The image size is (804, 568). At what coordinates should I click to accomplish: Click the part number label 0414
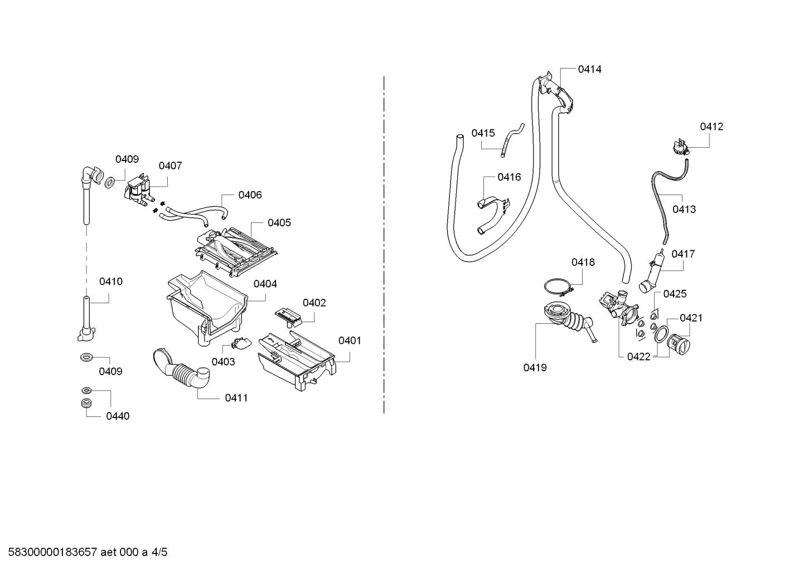click(589, 69)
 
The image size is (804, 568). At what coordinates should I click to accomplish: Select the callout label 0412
click(711, 127)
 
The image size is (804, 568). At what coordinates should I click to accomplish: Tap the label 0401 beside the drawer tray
click(350, 341)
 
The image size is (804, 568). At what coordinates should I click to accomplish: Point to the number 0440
click(118, 416)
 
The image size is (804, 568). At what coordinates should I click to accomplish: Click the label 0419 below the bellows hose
click(535, 367)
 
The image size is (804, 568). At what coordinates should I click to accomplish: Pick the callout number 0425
click(675, 294)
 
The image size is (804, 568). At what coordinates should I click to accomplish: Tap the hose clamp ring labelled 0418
click(559, 288)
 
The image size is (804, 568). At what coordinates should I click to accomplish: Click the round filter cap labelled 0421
click(678, 344)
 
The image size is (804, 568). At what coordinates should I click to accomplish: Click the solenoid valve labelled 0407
click(139, 190)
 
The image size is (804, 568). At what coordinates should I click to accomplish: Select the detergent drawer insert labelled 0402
click(289, 317)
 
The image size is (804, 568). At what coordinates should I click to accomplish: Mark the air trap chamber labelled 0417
click(651, 271)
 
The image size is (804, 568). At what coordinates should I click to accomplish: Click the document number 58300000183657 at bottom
click(53, 552)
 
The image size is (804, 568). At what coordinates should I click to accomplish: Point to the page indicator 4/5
click(159, 552)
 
